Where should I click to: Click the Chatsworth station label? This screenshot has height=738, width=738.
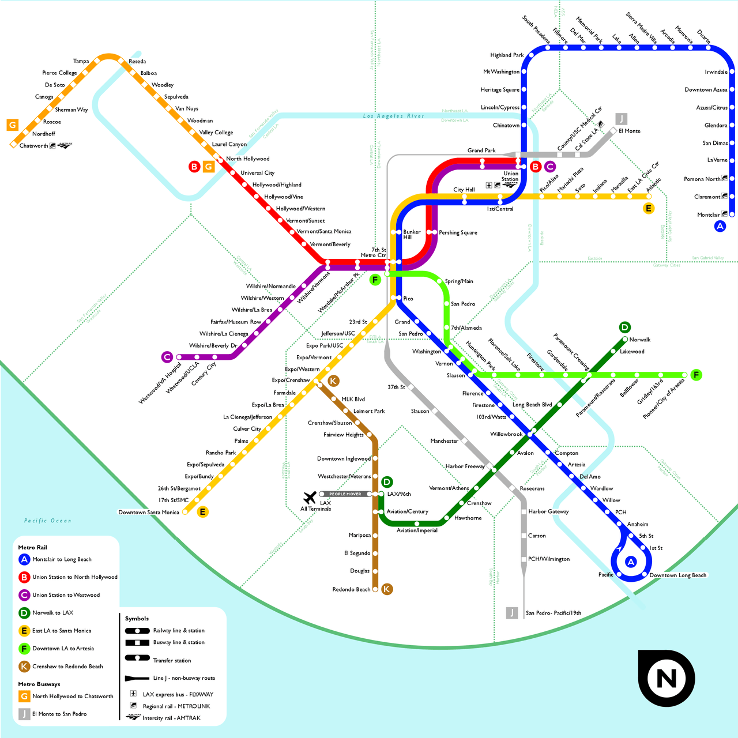tap(33, 146)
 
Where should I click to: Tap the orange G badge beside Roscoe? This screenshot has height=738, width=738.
tap(12, 125)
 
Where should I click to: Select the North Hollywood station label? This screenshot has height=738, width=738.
tap(247, 159)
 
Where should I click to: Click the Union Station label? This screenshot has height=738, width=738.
tap(510, 176)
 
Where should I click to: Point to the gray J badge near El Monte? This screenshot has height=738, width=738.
tap(621, 119)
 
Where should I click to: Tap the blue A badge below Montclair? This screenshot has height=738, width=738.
tap(720, 227)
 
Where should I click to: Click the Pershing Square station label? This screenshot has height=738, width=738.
tap(458, 233)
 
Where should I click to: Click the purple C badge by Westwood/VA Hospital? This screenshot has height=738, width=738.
tap(167, 357)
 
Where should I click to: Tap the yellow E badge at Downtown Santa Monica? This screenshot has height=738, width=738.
tap(202, 512)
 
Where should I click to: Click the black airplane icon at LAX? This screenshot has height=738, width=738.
tap(310, 497)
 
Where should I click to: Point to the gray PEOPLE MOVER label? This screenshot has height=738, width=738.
tap(345, 494)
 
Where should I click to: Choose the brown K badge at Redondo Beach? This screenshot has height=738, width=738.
tap(387, 589)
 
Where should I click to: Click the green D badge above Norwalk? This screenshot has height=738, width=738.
tap(624, 327)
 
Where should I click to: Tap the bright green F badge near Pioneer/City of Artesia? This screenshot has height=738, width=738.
tap(696, 375)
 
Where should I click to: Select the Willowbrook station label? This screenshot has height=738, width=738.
tap(506, 434)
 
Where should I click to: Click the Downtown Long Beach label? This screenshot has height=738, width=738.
tap(677, 575)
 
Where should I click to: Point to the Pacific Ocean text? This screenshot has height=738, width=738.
tap(48, 521)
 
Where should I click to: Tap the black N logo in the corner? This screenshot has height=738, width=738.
tap(666, 678)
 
